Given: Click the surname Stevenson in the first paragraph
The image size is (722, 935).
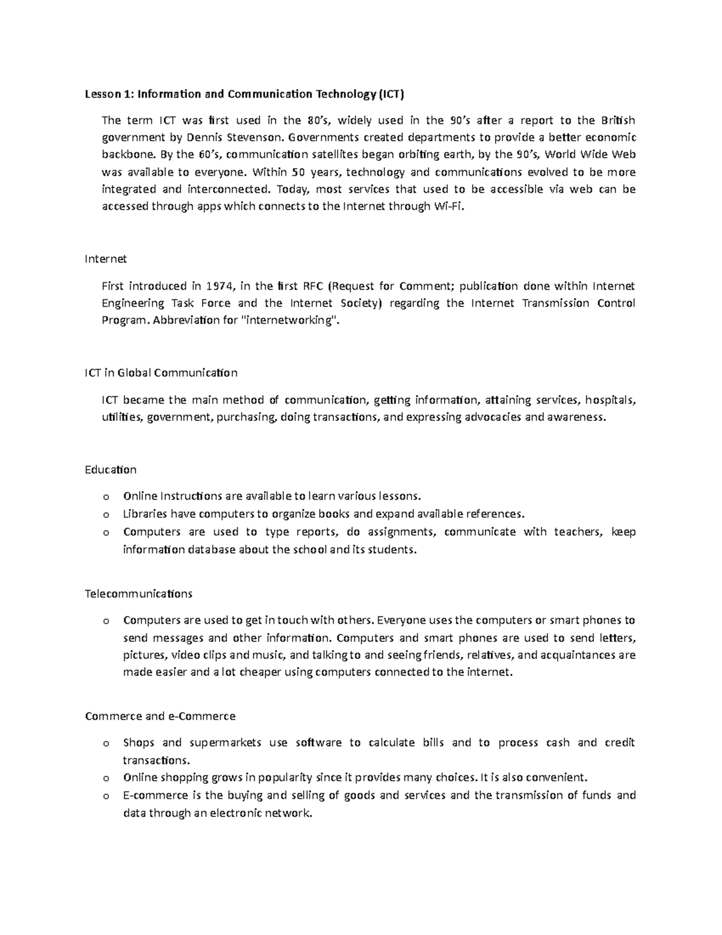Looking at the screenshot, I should pyautogui.click(x=251, y=137).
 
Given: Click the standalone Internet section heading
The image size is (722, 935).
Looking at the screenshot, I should pyautogui.click(x=106, y=259).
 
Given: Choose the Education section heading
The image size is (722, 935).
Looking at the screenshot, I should pyautogui.click(x=111, y=470).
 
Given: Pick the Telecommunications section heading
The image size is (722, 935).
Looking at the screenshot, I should pyautogui.click(x=138, y=594).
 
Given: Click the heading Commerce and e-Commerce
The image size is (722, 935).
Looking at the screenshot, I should pyautogui.click(x=160, y=716).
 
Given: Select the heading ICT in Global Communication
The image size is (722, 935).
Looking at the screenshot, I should pyautogui.click(x=161, y=373).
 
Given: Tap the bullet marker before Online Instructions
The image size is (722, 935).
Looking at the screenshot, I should pyautogui.click(x=106, y=497).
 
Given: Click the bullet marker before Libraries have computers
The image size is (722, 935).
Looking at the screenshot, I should pyautogui.click(x=106, y=515).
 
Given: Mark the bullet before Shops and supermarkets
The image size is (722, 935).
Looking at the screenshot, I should pyautogui.click(x=106, y=744).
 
